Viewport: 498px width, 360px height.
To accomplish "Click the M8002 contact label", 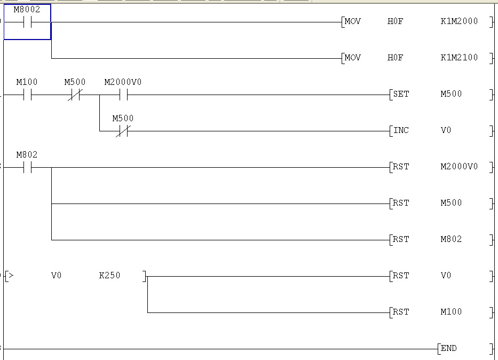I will [27, 9].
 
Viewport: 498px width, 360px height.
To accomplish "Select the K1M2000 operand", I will [459, 21].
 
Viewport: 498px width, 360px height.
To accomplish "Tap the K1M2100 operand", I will [459, 58].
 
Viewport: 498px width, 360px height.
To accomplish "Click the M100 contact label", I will [27, 82].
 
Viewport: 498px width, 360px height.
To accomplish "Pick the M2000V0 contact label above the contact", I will [123, 82].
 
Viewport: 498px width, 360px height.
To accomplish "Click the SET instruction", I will [401, 94].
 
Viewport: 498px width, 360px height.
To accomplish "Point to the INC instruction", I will [401, 130].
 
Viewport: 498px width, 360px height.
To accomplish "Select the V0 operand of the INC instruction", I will [446, 130].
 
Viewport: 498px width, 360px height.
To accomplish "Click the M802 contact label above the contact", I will [27, 154].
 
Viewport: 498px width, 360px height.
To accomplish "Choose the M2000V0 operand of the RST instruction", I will [459, 167].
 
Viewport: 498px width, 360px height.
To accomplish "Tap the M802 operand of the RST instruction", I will [451, 239].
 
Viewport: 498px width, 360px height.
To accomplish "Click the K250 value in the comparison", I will [109, 276].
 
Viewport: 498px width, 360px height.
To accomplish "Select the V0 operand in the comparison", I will [56, 276].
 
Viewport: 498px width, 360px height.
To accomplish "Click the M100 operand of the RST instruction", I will [451, 312].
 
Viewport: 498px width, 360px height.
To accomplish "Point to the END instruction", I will [448, 348].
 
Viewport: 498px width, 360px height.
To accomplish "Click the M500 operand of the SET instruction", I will [451, 94].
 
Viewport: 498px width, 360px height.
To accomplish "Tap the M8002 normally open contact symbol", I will [27, 22].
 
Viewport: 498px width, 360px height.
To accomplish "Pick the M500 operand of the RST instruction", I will [451, 203].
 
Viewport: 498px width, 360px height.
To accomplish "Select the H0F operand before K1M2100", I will [395, 58].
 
